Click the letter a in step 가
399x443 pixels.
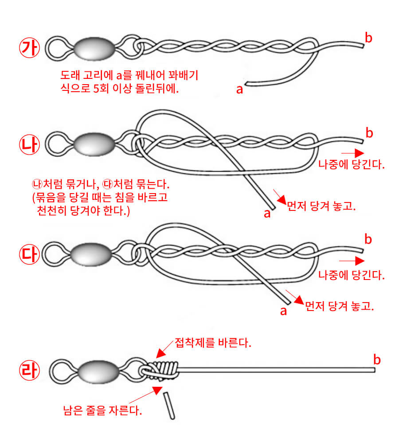coord(240,89)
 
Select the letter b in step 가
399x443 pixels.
coord(368,38)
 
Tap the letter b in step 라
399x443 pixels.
coord(377,358)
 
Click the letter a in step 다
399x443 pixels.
coord(284,311)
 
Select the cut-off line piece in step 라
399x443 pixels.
coord(170,404)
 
